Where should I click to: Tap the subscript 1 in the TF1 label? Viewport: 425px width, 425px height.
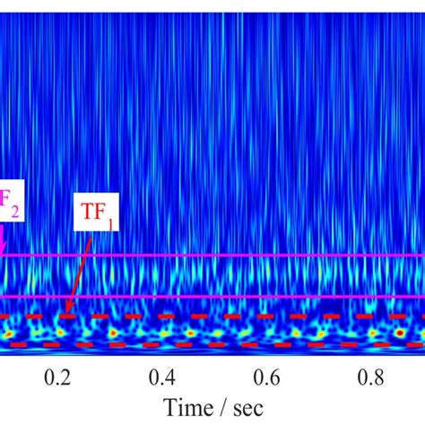[111, 224]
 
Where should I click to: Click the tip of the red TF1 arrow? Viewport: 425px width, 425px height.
[66, 314]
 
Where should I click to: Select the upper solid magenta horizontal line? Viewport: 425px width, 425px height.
[269, 256]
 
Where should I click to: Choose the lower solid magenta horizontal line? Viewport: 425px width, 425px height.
[269, 297]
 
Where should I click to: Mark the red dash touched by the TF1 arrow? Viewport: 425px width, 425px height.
[65, 317]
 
